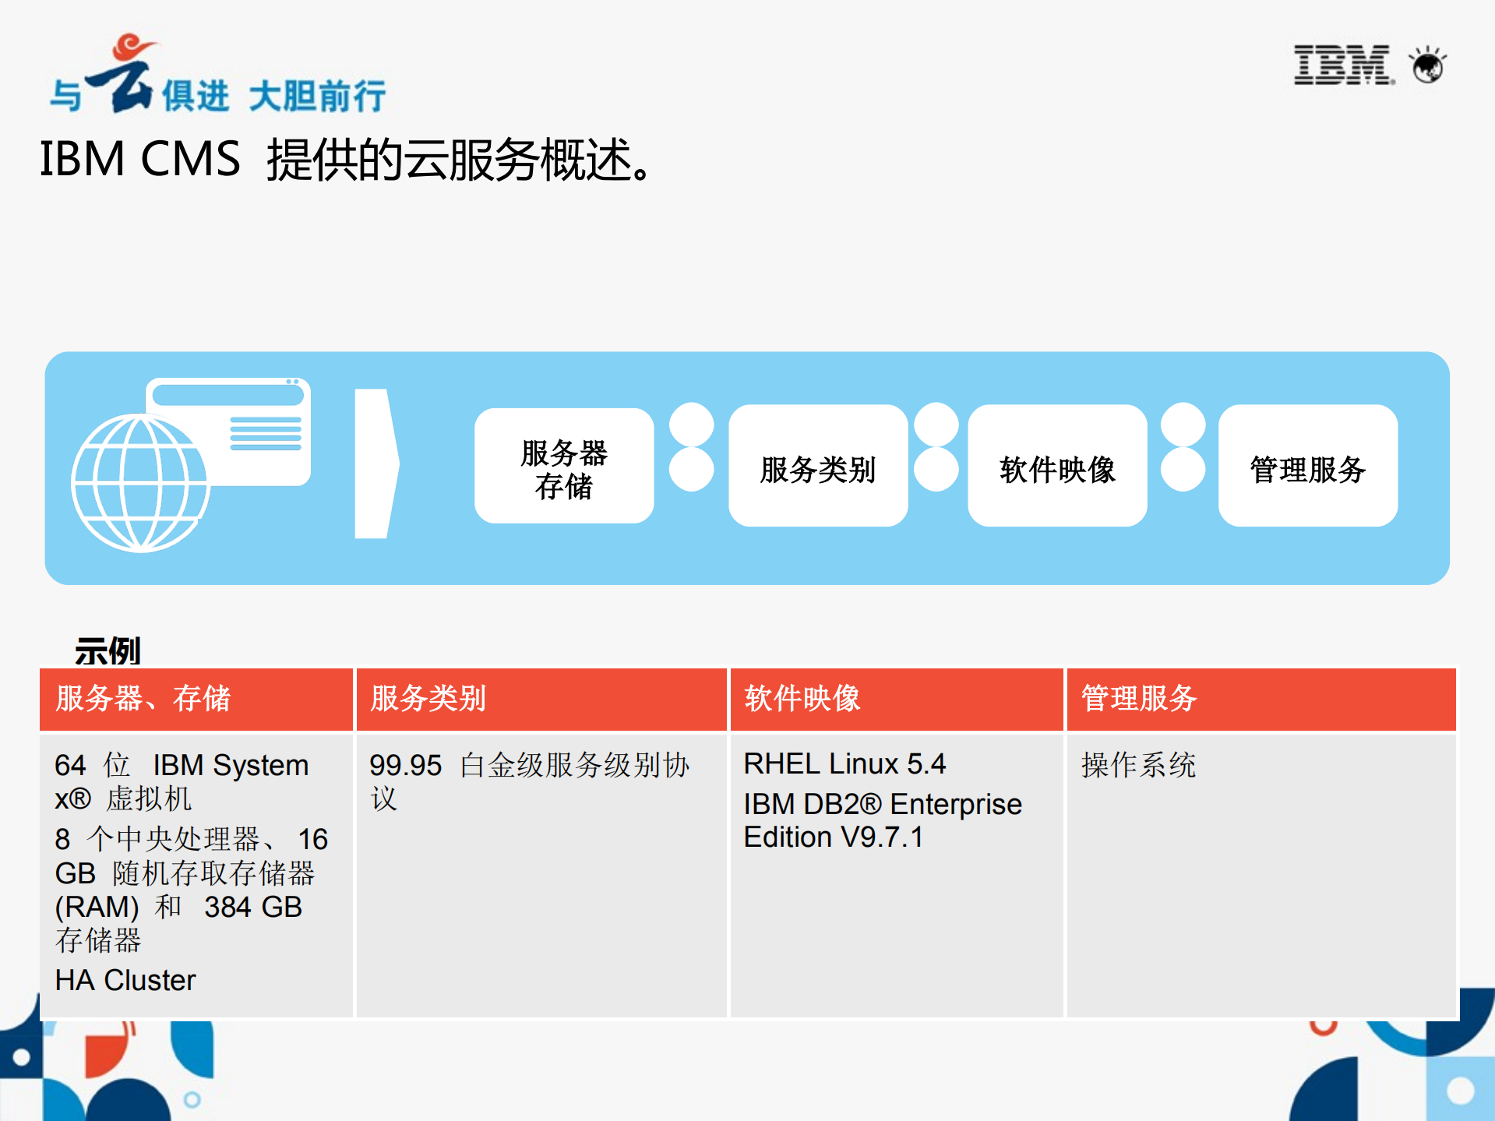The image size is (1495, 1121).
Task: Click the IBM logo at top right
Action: point(1342,65)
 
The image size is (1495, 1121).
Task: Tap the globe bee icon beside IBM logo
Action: point(1428,65)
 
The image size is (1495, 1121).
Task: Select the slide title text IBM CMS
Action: point(139,159)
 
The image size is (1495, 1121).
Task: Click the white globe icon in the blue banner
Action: point(139,483)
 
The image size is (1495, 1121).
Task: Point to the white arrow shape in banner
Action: point(376,464)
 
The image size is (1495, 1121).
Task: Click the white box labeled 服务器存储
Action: point(564,466)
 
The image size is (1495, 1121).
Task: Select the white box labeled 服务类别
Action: point(818,466)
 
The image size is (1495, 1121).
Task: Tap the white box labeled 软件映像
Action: point(1057,466)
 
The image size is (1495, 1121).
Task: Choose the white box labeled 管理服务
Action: point(1307,466)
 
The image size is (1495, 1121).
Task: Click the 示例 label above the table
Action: point(108,650)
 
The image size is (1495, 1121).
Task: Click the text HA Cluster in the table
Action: point(125,980)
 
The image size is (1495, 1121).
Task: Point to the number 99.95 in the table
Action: point(405,765)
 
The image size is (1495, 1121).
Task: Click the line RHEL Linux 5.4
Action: point(844,763)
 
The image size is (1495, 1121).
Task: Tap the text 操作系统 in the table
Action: point(1138,765)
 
